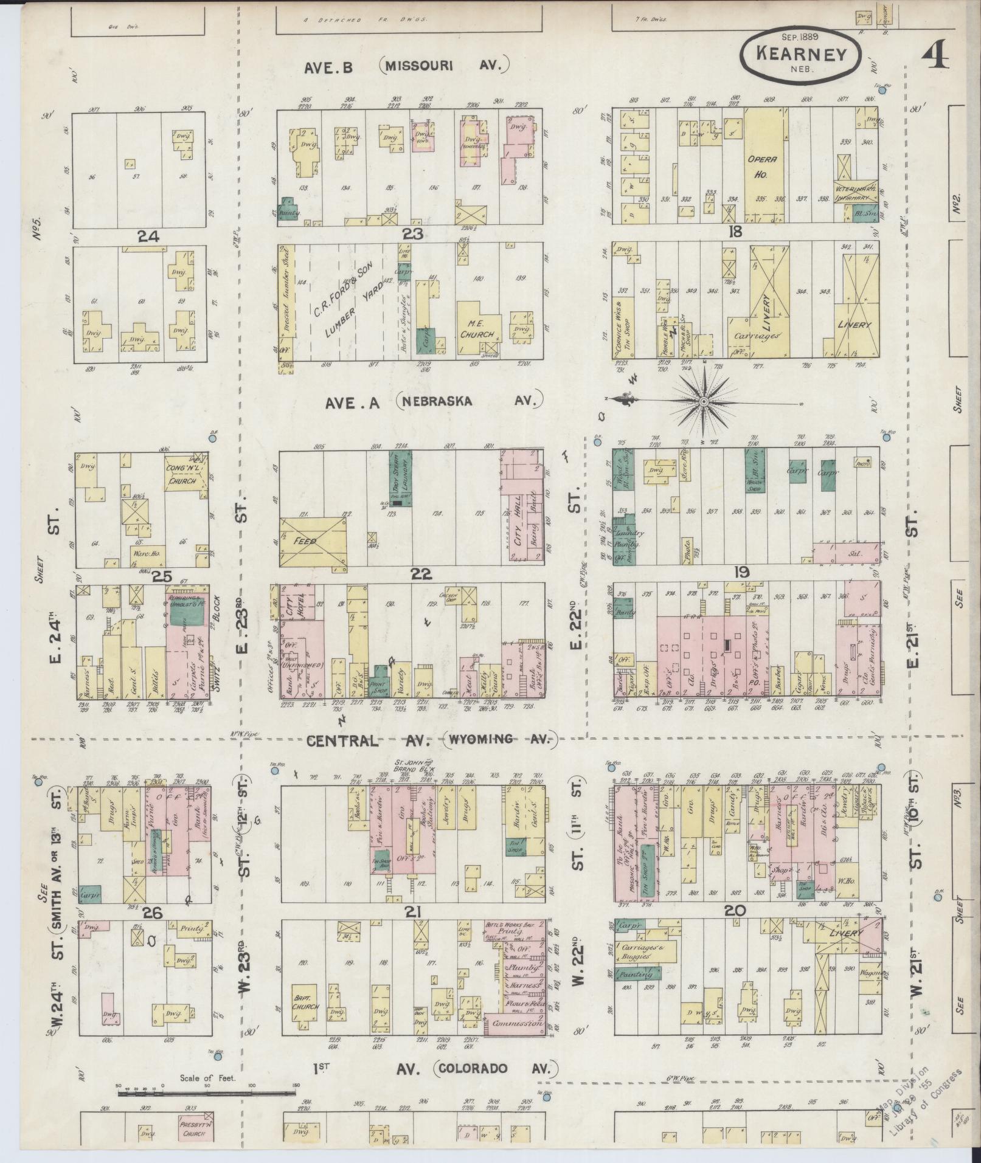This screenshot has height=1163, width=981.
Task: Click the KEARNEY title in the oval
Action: pyautogui.click(x=801, y=54)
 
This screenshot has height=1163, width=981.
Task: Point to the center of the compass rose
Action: pyautogui.click(x=704, y=402)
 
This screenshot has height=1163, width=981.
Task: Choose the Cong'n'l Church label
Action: pyautogui.click(x=182, y=475)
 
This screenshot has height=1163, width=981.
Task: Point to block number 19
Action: pyautogui.click(x=742, y=572)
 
